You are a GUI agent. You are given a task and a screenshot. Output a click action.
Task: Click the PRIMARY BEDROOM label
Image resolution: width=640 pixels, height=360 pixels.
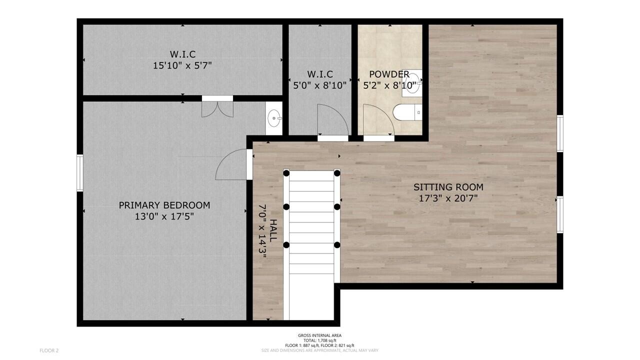(x=164, y=205)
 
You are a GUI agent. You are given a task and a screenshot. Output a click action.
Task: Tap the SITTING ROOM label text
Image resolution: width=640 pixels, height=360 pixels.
(x=448, y=187)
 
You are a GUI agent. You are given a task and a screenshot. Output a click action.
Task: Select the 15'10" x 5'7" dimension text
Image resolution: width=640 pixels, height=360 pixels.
(x=182, y=65)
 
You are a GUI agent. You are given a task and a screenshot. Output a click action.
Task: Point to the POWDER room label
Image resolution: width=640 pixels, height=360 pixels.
(x=389, y=74)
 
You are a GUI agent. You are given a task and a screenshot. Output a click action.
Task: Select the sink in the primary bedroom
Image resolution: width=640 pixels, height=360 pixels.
(x=273, y=119)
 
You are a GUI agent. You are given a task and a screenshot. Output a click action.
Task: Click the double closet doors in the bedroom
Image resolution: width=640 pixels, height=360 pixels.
(x=217, y=108)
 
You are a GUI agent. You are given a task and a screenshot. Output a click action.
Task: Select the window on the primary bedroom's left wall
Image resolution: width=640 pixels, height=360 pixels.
(x=79, y=172)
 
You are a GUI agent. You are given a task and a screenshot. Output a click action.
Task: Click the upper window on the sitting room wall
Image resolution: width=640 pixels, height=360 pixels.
(x=560, y=133)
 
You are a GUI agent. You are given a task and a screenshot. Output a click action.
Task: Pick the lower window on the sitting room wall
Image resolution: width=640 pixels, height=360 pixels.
(x=560, y=215)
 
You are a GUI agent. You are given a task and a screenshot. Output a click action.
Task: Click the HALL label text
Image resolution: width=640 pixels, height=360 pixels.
(x=273, y=230)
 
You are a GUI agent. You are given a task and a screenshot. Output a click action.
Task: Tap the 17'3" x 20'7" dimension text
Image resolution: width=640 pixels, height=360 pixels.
(x=448, y=198)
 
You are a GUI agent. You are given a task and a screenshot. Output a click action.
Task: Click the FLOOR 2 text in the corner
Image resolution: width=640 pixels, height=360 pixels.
(x=49, y=350)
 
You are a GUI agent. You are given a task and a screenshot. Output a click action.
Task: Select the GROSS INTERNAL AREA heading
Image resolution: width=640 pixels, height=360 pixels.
(x=319, y=335)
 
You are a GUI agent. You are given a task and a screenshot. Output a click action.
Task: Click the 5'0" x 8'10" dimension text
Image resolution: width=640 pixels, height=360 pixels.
(x=319, y=85)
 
